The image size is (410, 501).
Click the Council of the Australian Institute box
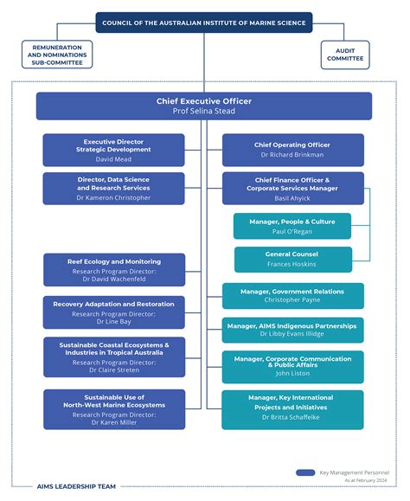click(204, 22)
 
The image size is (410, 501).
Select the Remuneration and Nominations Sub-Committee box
click(56, 55)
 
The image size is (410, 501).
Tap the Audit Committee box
click(344, 55)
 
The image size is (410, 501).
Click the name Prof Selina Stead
click(204, 112)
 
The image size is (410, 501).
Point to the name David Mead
click(113, 159)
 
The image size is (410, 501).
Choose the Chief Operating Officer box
click(292, 150)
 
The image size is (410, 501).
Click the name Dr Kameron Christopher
click(113, 198)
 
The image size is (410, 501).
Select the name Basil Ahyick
click(292, 198)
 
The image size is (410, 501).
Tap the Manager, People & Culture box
click(292, 226)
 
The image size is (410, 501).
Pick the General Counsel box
click(292, 259)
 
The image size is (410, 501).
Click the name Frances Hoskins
click(292, 265)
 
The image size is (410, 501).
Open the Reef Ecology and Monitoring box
click(113, 269)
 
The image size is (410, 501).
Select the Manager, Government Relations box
click(292, 296)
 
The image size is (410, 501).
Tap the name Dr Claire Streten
click(113, 369)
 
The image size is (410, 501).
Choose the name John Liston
click(292, 374)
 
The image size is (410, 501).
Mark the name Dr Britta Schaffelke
click(292, 417)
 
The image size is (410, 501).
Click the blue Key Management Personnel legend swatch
click(305, 472)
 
